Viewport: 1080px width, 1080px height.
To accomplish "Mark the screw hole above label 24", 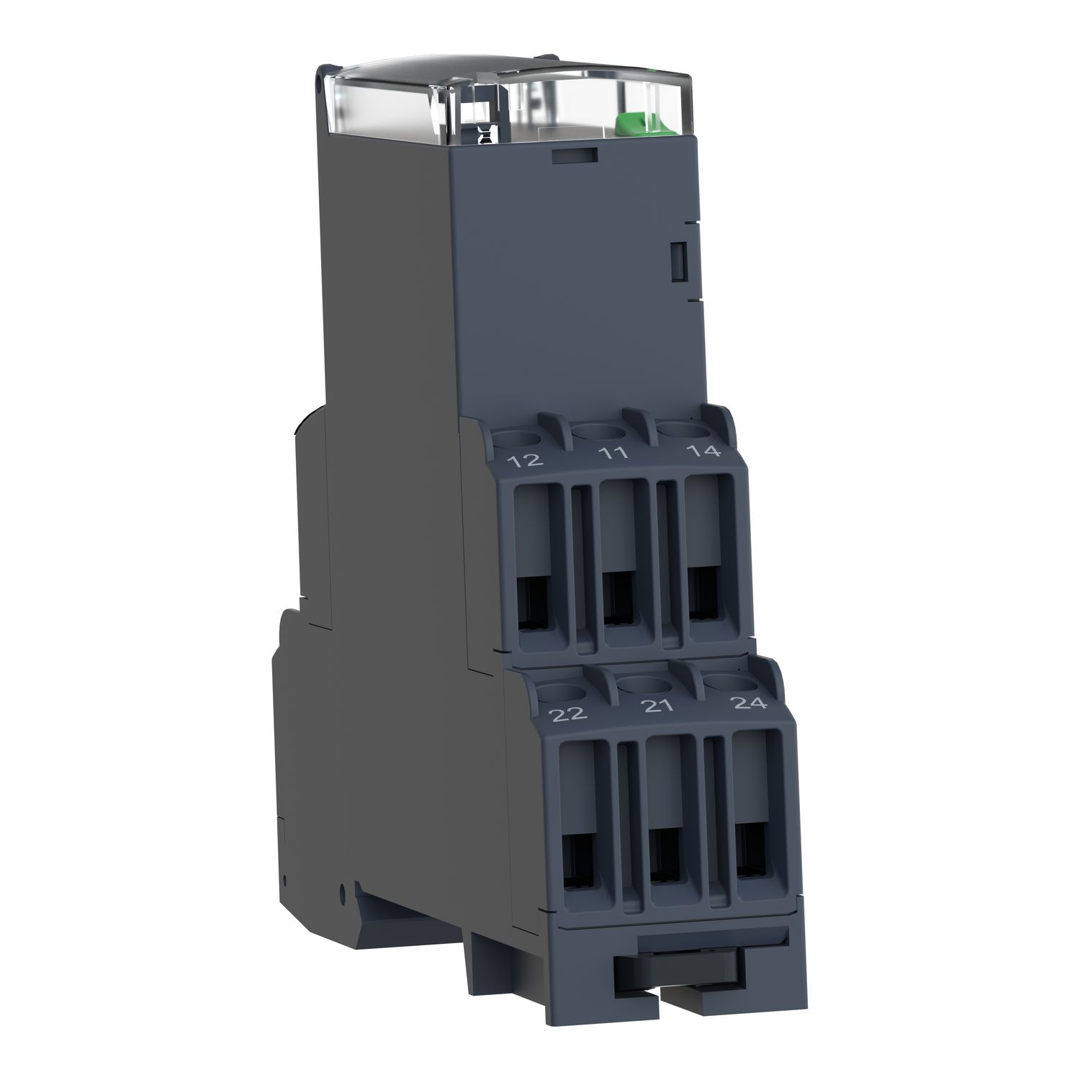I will click(725, 680).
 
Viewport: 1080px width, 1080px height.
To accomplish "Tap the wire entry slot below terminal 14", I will click(705, 594).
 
